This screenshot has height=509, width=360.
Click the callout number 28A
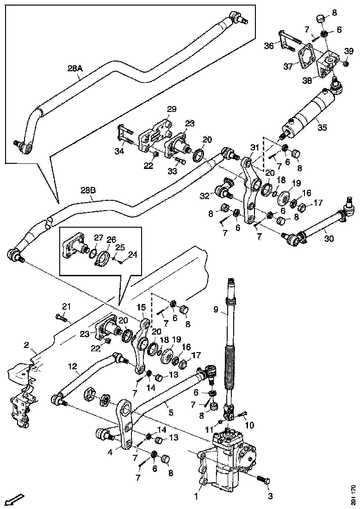click(74, 68)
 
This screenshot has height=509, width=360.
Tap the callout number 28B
click(87, 190)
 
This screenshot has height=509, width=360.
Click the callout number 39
click(349, 50)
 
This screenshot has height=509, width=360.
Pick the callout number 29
click(172, 109)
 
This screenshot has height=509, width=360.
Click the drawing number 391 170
click(354, 495)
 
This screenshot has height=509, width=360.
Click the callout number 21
click(67, 306)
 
